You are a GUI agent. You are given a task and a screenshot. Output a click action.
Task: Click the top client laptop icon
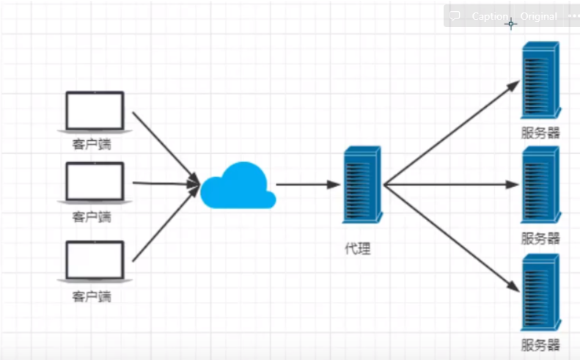[x=95, y=111]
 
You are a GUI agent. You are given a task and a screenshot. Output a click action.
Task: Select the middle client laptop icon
[x=95, y=182]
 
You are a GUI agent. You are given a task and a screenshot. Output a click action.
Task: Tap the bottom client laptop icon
[x=95, y=260]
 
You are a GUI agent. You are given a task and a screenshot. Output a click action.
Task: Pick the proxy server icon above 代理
[x=361, y=184]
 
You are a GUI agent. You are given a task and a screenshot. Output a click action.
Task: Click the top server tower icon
[x=540, y=80]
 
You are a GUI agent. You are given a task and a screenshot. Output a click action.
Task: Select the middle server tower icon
[x=540, y=185]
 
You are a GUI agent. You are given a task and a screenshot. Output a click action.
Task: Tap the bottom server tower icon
[x=540, y=291]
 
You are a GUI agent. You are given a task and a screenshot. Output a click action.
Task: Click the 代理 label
[x=358, y=249]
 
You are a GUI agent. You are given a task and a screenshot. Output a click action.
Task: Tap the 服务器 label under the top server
[x=540, y=133]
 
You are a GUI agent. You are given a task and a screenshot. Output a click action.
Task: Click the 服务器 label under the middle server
[x=540, y=238]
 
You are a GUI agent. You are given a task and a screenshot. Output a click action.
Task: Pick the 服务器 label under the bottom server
[x=540, y=345]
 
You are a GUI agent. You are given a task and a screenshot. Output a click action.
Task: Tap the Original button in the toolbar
[x=539, y=16]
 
